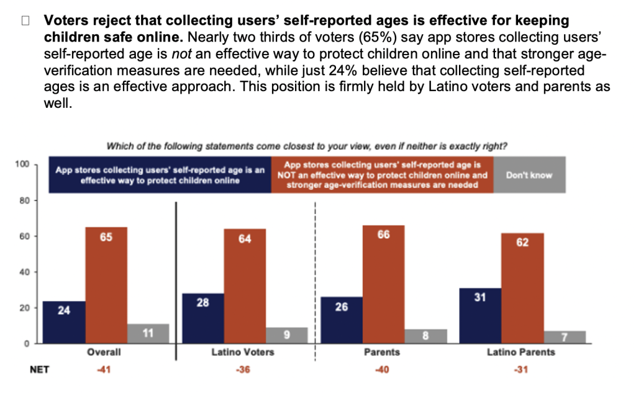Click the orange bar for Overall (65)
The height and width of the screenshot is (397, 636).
[106, 285]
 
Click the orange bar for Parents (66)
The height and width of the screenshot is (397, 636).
[383, 283]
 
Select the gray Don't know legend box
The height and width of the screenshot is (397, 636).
[529, 175]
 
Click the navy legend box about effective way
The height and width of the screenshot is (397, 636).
[160, 175]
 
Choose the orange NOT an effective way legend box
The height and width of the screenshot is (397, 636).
[383, 175]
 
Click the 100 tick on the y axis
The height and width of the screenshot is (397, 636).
[24, 164]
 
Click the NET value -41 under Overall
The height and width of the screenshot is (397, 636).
[106, 370]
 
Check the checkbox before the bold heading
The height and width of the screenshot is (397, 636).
[25, 20]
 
